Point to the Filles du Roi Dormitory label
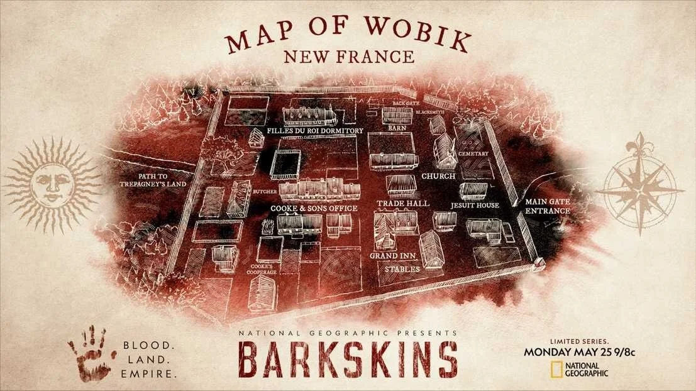coord(314,131)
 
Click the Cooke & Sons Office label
coord(314,208)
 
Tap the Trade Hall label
coord(403,204)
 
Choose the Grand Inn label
coord(392,256)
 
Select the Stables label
coord(402,270)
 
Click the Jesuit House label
coord(475,206)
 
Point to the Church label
coord(438,177)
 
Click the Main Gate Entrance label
coord(547,207)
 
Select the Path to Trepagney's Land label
coord(147,180)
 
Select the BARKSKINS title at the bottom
coord(348,359)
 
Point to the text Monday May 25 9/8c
coord(578,352)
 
